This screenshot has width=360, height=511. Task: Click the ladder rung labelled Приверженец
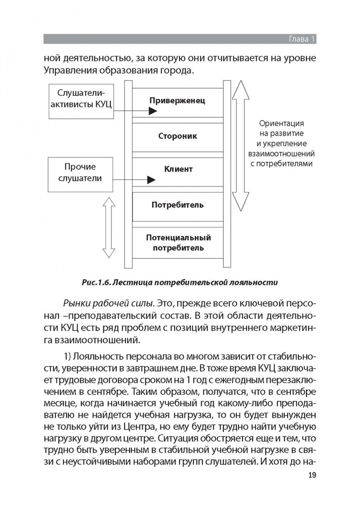177,100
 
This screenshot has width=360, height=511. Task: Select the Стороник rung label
177,136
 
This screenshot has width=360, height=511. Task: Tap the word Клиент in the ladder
178,169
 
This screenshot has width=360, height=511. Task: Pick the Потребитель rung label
177,205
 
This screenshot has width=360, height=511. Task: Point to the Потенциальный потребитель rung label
178,242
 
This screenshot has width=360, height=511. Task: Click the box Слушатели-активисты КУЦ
81,101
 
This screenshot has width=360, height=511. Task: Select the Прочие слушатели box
80,175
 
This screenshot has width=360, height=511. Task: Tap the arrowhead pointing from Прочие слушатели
151,180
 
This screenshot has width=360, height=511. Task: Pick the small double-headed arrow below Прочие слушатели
109,228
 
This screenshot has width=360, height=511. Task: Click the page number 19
312,475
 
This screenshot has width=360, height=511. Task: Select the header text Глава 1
302,39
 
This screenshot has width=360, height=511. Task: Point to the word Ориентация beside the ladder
281,123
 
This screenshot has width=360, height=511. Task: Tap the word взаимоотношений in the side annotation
281,153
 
